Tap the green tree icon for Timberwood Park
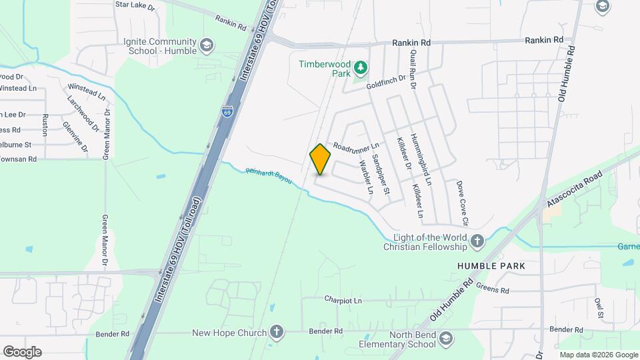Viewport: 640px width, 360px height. click(360, 67)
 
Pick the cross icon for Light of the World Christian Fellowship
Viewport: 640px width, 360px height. click(477, 242)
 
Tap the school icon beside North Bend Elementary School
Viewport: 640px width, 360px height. click(447, 340)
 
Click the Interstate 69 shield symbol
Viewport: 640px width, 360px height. click(227, 112)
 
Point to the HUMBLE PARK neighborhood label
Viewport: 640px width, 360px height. click(491, 266)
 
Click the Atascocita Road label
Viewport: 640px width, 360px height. click(574, 189)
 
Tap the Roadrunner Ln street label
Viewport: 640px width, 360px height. click(356, 145)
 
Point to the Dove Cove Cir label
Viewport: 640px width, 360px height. click(462, 203)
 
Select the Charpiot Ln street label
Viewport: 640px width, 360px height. click(343, 301)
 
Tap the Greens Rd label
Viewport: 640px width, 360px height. click(492, 290)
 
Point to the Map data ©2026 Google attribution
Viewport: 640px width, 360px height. click(599, 355)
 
